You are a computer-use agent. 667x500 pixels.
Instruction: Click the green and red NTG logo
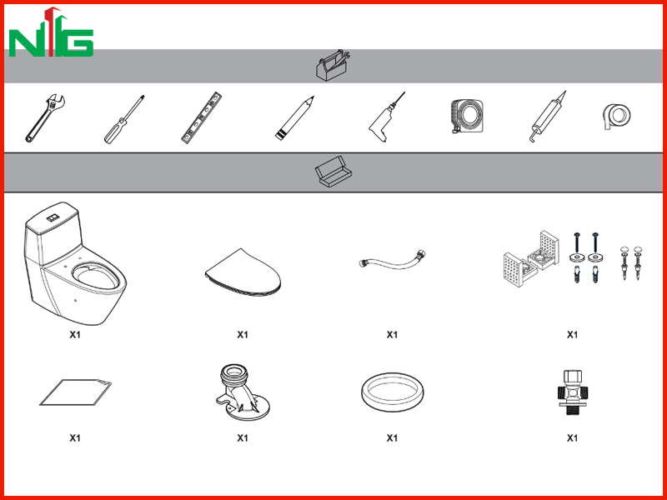51,32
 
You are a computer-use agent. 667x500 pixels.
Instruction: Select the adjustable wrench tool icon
45,118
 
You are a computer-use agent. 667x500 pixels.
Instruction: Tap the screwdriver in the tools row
124,119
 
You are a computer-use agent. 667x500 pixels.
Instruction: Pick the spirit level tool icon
202,117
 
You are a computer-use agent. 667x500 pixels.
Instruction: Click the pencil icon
294,118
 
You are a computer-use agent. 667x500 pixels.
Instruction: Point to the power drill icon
386,117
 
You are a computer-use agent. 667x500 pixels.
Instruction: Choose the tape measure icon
467,116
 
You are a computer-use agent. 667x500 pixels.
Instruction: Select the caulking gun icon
548,116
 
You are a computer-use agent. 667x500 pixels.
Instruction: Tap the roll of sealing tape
617,116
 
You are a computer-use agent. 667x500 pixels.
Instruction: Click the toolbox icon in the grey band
333,65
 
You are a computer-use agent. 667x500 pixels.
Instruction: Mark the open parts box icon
333,171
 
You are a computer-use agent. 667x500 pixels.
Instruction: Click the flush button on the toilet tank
53,218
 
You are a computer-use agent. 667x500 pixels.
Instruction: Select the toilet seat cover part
243,272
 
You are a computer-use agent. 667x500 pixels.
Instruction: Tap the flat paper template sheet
75,392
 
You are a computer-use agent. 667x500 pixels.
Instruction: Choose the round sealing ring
392,392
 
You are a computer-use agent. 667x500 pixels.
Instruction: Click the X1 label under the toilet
75,335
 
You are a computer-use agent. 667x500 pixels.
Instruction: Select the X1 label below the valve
572,437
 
